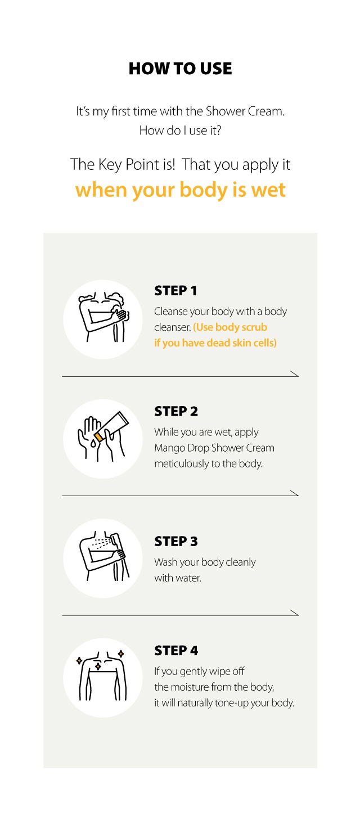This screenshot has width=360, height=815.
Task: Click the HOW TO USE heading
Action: click(x=180, y=69)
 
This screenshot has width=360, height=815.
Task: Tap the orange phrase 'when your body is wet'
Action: click(x=180, y=190)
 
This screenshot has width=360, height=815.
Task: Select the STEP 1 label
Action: click(x=175, y=291)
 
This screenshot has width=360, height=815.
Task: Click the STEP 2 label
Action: click(x=176, y=411)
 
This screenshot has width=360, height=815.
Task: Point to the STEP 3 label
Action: click(x=176, y=542)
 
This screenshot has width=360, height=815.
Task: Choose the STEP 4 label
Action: click(x=176, y=651)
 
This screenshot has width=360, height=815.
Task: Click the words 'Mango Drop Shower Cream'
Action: click(x=214, y=448)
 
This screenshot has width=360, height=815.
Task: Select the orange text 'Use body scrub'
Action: click(x=230, y=327)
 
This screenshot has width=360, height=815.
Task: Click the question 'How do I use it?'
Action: click(x=180, y=130)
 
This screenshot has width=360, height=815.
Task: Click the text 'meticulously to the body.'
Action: click(x=208, y=464)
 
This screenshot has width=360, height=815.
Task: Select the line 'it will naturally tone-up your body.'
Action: click(x=224, y=703)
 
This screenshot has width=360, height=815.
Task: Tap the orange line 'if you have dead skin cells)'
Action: click(x=215, y=343)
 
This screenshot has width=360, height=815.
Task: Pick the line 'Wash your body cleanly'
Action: click(x=205, y=562)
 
